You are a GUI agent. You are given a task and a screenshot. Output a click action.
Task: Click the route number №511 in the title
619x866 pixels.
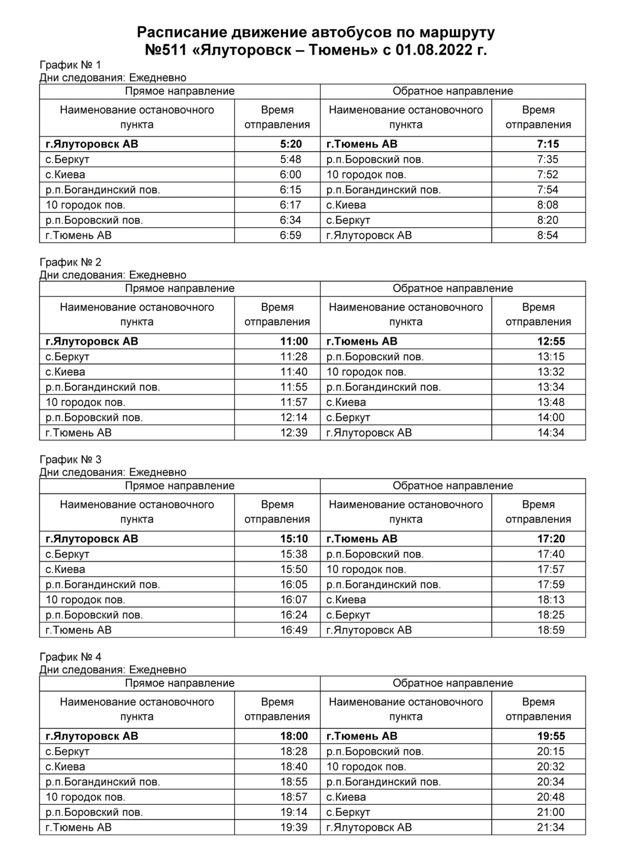[165, 50]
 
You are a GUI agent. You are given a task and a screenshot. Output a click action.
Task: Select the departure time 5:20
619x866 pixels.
[291, 144]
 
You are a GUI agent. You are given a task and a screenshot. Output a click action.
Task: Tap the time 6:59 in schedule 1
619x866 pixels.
[291, 235]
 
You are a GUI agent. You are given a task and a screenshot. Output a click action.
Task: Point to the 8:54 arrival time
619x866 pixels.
[547, 235]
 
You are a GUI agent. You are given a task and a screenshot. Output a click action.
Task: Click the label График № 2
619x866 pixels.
[70, 262]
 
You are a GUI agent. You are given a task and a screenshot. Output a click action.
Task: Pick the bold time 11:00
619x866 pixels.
[294, 341]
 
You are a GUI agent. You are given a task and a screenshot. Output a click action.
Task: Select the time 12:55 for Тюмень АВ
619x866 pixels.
[551, 341]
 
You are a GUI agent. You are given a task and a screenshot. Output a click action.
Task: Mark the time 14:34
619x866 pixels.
[551, 433]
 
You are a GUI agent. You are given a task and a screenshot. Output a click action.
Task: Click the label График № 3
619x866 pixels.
[70, 460]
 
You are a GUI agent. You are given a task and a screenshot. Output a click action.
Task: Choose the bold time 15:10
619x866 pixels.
[294, 539]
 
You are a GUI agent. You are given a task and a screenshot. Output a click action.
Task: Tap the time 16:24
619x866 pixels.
[294, 615]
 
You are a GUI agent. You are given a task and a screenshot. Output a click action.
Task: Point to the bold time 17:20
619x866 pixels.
[551, 539]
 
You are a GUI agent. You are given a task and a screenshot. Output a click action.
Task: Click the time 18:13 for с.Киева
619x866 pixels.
[551, 600]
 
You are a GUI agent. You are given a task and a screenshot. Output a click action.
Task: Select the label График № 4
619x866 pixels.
[70, 657]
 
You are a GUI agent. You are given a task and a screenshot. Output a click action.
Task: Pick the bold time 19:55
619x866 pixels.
[551, 736]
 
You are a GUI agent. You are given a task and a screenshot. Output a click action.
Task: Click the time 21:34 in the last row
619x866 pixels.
[551, 828]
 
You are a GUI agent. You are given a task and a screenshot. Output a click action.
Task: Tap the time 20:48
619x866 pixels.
[551, 797]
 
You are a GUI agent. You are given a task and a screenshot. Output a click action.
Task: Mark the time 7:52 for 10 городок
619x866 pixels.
[547, 175]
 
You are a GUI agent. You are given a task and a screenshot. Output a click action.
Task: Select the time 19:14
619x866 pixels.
[294, 812]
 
